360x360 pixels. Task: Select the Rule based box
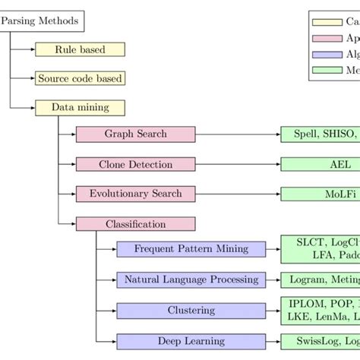pos(80,49)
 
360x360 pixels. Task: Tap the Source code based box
pos(80,78)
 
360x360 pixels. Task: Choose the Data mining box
pos(80,107)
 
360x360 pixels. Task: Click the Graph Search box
pos(135,134)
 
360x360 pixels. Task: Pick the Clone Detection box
pos(135,164)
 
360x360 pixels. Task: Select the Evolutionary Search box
pos(135,194)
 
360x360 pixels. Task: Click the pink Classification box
pos(135,224)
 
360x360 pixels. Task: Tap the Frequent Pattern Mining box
pos(191,249)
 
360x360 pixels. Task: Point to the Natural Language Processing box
pos(191,279)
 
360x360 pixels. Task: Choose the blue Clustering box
pos(191,311)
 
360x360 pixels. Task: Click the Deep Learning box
pos(191,341)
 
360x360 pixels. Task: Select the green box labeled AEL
pos(320,164)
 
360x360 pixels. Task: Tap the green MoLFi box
pos(320,194)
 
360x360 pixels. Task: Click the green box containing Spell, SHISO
pos(320,134)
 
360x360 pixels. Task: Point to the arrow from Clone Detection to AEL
pos(237,164)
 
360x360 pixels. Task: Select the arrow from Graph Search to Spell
pos(237,134)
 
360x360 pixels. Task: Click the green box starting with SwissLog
pos(320,341)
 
